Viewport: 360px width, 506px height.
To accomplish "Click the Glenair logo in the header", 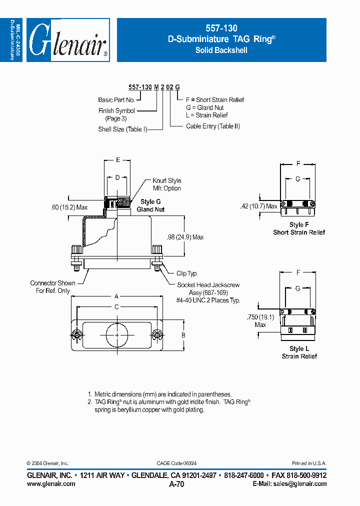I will (67, 40).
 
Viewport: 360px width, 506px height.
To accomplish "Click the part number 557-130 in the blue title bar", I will (221, 28).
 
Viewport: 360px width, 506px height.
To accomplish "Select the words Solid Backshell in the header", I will (221, 50).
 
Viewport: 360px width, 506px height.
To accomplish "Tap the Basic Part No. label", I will (116, 100).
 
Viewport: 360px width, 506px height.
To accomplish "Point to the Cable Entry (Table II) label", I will (213, 126).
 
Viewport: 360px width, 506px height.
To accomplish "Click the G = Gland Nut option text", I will (204, 107).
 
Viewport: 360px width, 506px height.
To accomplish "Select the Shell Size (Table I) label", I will (122, 129).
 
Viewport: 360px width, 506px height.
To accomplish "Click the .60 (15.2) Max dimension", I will (69, 207).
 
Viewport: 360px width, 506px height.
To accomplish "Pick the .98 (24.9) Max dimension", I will (185, 237).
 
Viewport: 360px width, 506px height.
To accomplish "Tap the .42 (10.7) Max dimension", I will (258, 206).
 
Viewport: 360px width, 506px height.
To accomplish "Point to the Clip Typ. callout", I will (187, 273).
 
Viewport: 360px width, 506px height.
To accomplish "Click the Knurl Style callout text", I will (167, 180).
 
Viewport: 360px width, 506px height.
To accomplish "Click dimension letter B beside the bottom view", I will (183, 335).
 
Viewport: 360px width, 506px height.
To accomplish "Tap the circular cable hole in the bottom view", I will (116, 334).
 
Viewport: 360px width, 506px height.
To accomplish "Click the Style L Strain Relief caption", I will (299, 352).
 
